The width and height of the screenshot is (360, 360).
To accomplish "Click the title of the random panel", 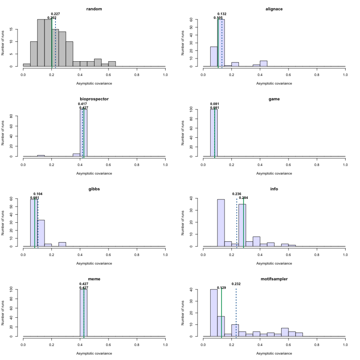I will pyautogui.click(x=94, y=9).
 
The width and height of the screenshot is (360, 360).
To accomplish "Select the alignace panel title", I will pyautogui.click(x=274, y=9).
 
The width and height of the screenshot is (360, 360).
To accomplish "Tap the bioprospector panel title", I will pyautogui.click(x=94, y=99).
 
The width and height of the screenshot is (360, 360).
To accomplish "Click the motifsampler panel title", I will pyautogui.click(x=274, y=279).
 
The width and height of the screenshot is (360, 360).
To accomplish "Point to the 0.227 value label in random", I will pyautogui.click(x=55, y=14).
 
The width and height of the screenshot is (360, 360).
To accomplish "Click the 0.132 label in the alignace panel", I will pyautogui.click(x=222, y=14).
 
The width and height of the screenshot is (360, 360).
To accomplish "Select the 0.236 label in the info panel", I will pyautogui.click(x=237, y=194).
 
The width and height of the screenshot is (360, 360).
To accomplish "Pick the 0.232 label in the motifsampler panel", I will pyautogui.click(x=236, y=284).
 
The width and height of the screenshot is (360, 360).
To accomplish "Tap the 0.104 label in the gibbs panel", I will pyautogui.click(x=38, y=194).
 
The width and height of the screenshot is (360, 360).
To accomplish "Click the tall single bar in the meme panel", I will pyautogui.click(x=83, y=313).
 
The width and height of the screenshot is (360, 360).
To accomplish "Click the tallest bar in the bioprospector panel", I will pyautogui.click(x=83, y=134).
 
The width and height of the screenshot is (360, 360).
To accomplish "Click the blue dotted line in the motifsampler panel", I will pyautogui.click(x=236, y=315).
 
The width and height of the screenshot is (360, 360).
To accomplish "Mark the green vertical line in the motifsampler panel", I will pyautogui.click(x=221, y=315).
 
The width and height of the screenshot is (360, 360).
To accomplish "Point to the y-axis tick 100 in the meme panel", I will pyautogui.click(x=18, y=289).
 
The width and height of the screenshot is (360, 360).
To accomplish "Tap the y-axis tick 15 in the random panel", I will pyautogui.click(x=18, y=29).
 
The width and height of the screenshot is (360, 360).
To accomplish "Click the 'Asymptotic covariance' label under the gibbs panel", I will pyautogui.click(x=94, y=263).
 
